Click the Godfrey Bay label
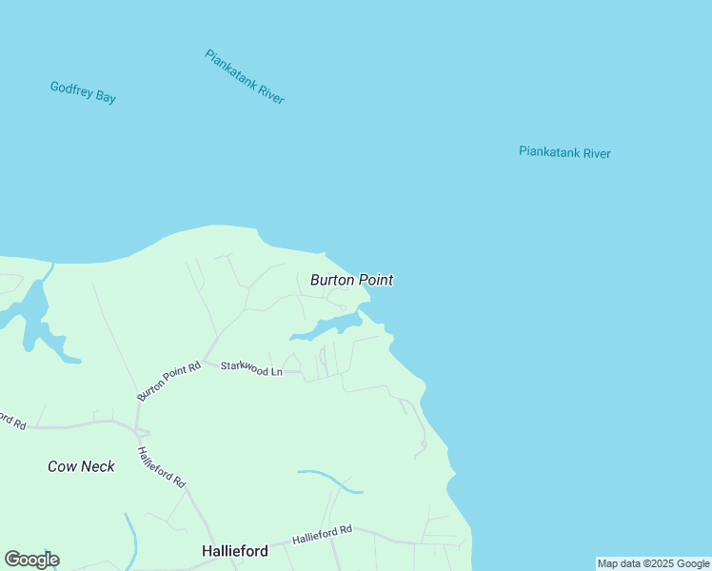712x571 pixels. [x=83, y=92]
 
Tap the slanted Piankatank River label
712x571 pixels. [x=245, y=76]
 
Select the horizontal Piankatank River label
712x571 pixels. [x=564, y=152]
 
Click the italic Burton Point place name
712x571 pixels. [x=351, y=280]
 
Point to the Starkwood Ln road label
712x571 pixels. [x=251, y=368]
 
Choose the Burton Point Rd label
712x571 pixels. [x=168, y=381]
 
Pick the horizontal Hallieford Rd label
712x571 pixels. [x=322, y=535]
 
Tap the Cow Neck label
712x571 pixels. [x=81, y=466]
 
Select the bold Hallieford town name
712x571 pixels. [x=234, y=551]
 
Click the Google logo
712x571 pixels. [x=31, y=560]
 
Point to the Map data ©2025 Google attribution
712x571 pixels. [x=653, y=563]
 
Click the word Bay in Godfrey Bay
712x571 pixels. [x=105, y=96]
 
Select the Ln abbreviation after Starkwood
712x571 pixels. [x=275, y=371]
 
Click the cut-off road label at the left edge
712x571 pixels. [x=11, y=420]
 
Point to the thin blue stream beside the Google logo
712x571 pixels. [x=130, y=538]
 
